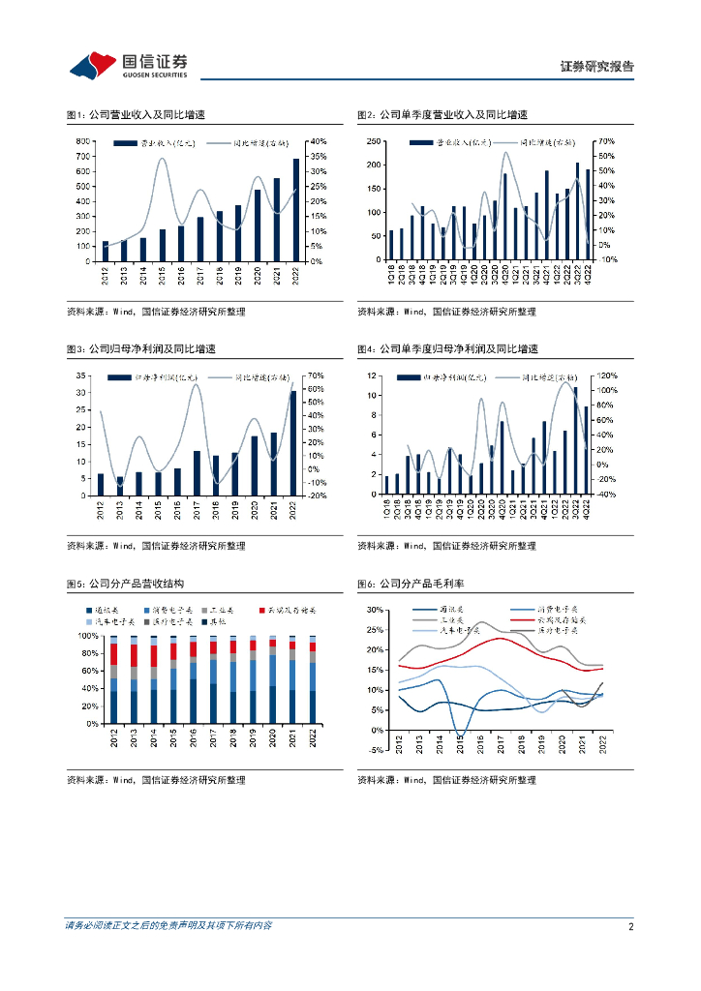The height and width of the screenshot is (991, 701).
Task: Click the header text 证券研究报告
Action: (597, 67)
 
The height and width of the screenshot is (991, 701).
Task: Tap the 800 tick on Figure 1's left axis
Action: (85, 141)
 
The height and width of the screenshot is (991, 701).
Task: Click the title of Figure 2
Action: (442, 115)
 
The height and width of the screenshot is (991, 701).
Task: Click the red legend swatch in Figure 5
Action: (263, 610)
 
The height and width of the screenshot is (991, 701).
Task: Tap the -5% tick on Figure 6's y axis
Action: (376, 730)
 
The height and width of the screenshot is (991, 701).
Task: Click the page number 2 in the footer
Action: (630, 926)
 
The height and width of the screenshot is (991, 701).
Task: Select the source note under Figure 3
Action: (156, 546)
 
